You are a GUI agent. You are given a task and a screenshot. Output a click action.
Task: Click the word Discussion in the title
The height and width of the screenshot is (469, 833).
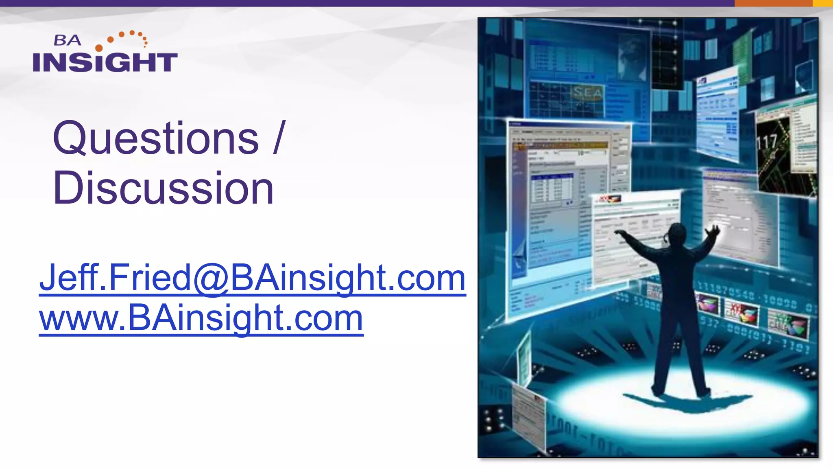tap(163, 188)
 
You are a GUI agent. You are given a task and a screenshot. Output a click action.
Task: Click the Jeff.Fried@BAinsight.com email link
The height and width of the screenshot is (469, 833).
tap(252, 278)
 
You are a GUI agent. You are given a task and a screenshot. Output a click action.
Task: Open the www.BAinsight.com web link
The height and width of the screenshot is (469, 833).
tap(201, 318)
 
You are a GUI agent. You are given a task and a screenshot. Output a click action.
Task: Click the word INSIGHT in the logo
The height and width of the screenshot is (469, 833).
tap(105, 62)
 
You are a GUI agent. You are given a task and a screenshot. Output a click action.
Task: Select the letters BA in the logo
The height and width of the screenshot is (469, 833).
tap(67, 40)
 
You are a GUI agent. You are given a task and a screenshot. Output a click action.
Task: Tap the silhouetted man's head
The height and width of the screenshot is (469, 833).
tap(676, 234)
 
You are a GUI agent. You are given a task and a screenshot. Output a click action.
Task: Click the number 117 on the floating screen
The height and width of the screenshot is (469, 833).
tap(767, 142)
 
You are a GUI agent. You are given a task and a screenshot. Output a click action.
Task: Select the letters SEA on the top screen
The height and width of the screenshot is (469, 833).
tap(587, 93)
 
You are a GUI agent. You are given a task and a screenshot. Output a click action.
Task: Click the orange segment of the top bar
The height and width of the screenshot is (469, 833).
tap(773, 3)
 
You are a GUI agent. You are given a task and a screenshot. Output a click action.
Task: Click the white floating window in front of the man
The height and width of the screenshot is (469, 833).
tap(626, 240)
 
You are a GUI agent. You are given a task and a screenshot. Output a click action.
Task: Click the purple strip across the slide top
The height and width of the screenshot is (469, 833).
tap(366, 3)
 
